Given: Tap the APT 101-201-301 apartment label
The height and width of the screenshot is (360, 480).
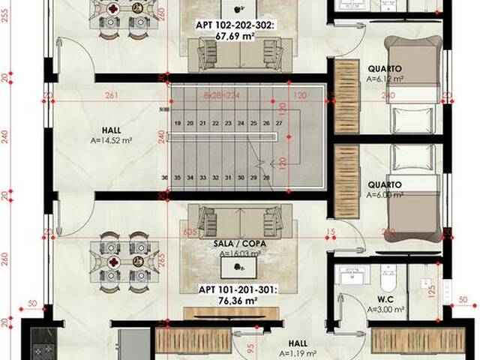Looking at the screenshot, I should point(237,289).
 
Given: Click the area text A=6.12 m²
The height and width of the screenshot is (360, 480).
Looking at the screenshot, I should point(385,78).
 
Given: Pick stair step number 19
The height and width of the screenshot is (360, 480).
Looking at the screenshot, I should point(178,122).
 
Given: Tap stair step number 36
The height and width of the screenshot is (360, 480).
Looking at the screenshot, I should point(164,178).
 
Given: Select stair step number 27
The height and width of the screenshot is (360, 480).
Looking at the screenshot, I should point(278,122).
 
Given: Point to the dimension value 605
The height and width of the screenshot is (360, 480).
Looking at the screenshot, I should point(190,232).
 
